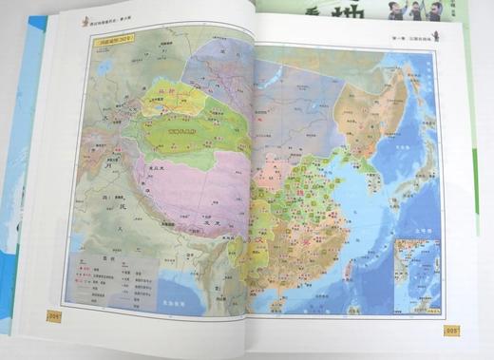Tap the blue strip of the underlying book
21,142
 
